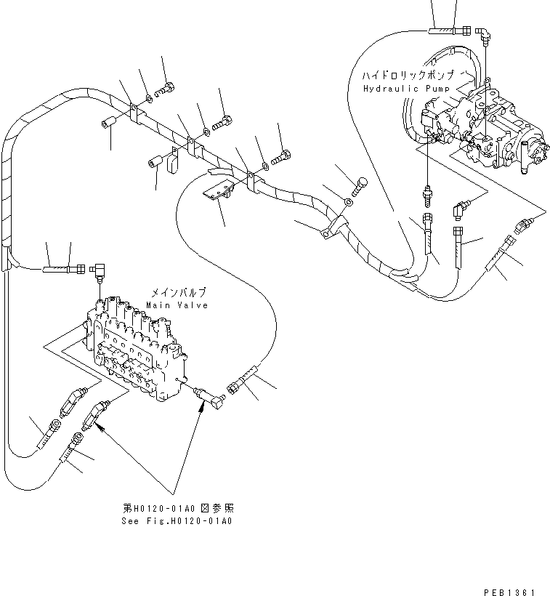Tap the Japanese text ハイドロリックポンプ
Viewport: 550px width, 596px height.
click(412, 76)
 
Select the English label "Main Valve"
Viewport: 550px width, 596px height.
click(177, 305)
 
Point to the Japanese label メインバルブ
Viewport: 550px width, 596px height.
click(178, 294)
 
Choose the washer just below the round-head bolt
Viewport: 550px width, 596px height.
click(349, 201)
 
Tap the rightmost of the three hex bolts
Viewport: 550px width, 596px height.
click(283, 154)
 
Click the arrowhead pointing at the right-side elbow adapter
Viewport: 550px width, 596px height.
click(198, 408)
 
